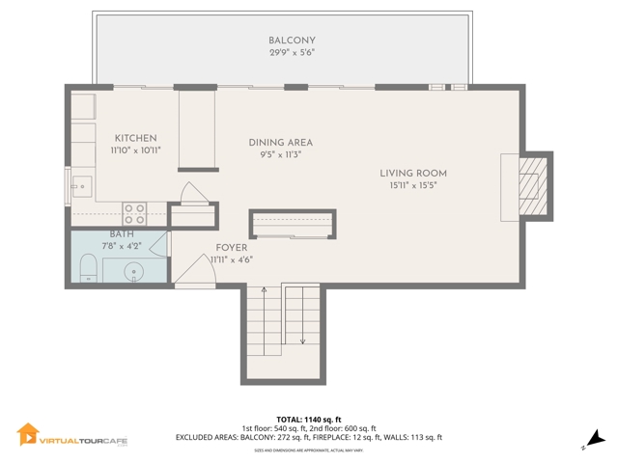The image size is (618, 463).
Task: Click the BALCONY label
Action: point(292,40)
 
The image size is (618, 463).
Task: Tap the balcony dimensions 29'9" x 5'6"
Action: point(292,52)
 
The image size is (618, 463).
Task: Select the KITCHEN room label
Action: point(135,139)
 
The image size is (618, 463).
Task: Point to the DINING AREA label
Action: point(280,143)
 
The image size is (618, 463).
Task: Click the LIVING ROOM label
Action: point(418,174)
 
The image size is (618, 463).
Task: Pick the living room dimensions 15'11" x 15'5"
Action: point(418,185)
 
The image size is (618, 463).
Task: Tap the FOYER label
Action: point(232,248)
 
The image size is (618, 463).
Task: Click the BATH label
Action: point(122,234)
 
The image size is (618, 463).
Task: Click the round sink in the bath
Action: point(135,271)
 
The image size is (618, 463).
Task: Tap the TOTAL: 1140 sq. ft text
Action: point(309,419)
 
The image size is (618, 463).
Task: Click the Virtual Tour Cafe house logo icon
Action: point(28,436)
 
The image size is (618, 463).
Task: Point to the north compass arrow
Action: point(597,439)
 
